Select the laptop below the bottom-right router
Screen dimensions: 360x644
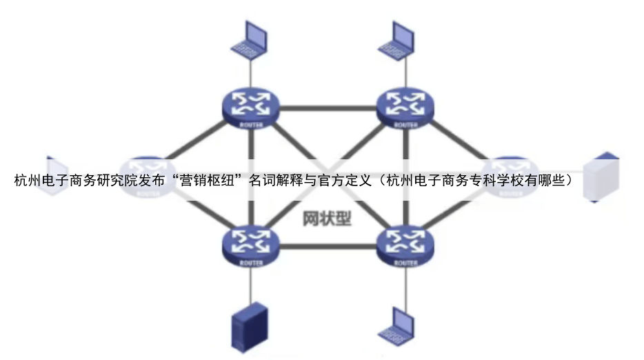(x=401, y=323)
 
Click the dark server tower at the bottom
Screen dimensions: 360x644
(x=248, y=326)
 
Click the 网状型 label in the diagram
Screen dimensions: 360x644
(x=327, y=219)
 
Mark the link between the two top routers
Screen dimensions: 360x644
(x=328, y=108)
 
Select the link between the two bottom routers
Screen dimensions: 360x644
(x=328, y=246)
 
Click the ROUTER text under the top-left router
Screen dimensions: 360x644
(x=250, y=125)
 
